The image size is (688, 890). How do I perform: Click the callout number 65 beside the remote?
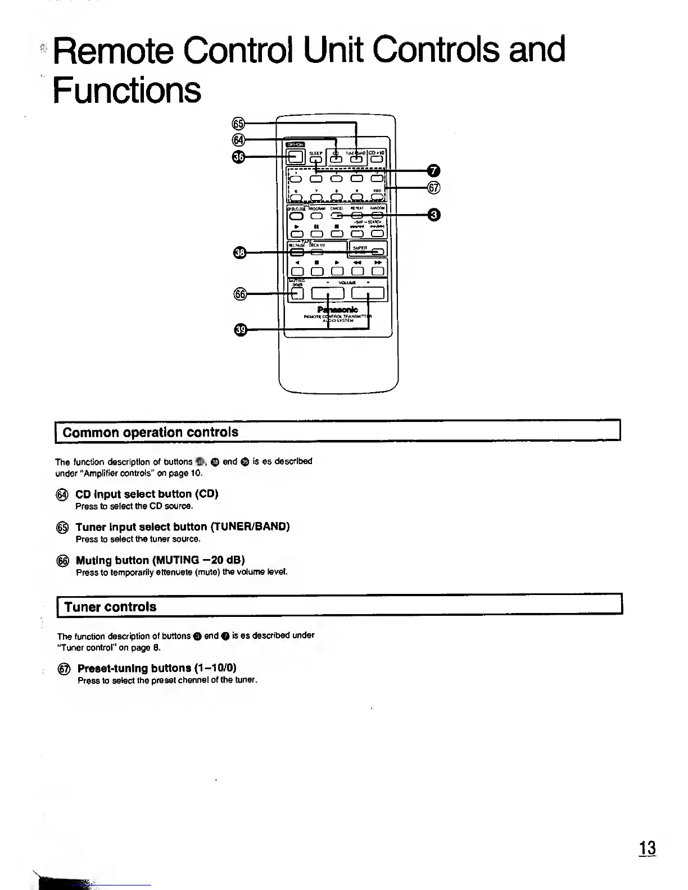pos(238,124)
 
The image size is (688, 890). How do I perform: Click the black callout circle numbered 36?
pos(238,157)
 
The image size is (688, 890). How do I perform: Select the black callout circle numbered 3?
pos(433,215)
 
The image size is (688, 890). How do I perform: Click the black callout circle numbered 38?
pos(239,253)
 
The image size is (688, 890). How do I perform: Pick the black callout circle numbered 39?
pos(240,330)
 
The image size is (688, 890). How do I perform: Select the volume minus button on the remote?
pos(327,293)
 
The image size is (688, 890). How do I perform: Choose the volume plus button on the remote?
pos(368,293)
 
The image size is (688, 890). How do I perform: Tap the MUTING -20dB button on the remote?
pos(297,293)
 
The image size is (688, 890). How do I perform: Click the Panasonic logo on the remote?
pos(338,310)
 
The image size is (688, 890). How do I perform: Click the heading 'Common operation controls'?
pos(150,432)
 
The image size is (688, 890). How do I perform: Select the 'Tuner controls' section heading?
pos(110,607)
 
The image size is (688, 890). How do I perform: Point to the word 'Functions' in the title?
pos(127,90)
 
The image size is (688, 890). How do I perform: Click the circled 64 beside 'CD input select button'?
pos(62,494)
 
